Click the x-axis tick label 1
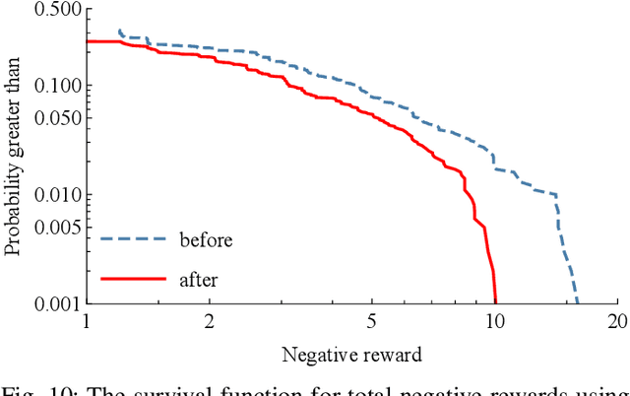pyautogui.click(x=87, y=322)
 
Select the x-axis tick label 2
pyautogui.click(x=210, y=322)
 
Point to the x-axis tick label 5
pyautogui.click(x=372, y=322)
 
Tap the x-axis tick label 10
pyautogui.click(x=495, y=322)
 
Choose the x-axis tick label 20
pyautogui.click(x=617, y=322)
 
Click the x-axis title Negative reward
pyautogui.click(x=350, y=355)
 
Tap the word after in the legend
pyautogui.click(x=198, y=280)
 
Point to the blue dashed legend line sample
pyautogui.click(x=132, y=239)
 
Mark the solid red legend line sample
pyautogui.click(x=132, y=280)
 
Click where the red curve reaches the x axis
pyautogui.click(x=495, y=302)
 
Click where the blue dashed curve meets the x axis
pyautogui.click(x=577, y=302)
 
